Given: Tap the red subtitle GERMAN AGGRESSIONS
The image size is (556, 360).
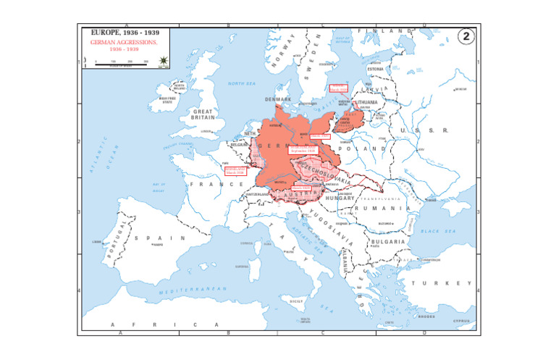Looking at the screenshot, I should [x=124, y=43].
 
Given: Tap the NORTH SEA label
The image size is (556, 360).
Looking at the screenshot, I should [x=242, y=83].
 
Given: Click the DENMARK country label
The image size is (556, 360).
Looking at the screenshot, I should [x=278, y=99].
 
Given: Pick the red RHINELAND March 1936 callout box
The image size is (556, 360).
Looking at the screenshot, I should [x=235, y=171].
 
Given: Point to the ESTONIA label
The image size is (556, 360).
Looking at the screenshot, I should [x=375, y=70].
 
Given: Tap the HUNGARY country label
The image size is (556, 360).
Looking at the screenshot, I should [x=340, y=198].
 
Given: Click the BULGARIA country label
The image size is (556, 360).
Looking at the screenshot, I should [x=389, y=241].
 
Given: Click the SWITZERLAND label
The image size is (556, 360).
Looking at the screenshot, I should [x=258, y=195].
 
